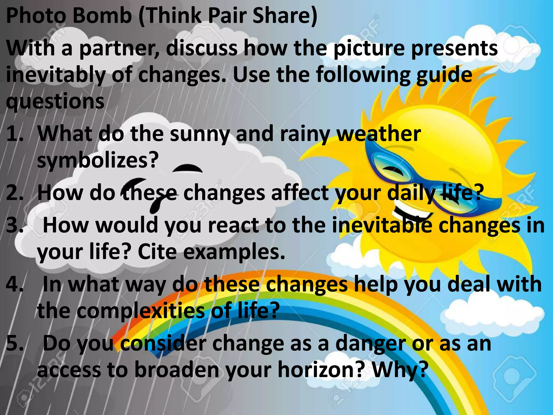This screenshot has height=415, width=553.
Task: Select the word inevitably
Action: [55, 76]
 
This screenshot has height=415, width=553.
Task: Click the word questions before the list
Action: [55, 102]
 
